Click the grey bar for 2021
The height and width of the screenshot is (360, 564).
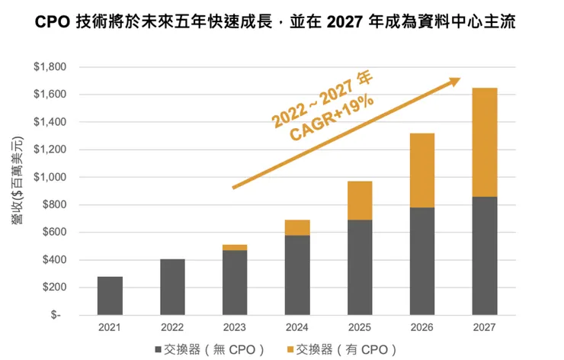(110, 295)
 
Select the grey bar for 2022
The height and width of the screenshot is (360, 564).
(172, 287)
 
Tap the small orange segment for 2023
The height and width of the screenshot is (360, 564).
(235, 247)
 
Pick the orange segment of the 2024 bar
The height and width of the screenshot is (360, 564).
(297, 227)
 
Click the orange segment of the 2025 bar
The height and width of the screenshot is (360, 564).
(360, 201)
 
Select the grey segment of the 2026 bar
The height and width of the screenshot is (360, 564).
(422, 261)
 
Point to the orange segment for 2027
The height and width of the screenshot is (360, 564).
(485, 142)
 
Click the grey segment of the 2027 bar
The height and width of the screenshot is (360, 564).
(485, 256)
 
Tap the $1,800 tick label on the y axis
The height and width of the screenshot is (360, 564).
(50, 67)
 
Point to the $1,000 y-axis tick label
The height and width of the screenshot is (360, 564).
(50, 177)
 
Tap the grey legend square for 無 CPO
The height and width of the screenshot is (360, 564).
(159, 349)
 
